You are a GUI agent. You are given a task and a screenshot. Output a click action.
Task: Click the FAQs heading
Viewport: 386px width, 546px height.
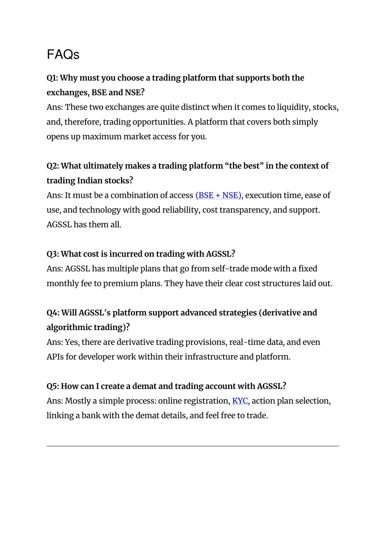click(x=63, y=55)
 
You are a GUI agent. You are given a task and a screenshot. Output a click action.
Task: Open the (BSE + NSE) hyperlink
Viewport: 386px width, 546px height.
click(x=218, y=195)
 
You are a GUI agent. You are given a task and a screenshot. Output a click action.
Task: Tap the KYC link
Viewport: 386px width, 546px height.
click(x=240, y=401)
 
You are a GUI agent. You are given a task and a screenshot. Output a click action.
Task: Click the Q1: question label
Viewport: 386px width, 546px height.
click(x=52, y=78)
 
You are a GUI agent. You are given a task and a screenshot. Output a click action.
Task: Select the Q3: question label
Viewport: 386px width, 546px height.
click(x=52, y=254)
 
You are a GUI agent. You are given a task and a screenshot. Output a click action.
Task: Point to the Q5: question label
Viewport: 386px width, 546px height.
click(x=52, y=386)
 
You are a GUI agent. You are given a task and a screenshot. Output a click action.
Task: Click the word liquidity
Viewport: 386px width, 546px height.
click(x=293, y=107)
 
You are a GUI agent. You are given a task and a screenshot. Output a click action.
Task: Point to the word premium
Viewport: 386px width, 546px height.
click(x=119, y=283)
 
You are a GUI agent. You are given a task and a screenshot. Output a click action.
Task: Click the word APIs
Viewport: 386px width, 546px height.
click(x=55, y=357)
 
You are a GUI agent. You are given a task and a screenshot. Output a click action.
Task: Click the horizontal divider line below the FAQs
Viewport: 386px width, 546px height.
click(x=193, y=446)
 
